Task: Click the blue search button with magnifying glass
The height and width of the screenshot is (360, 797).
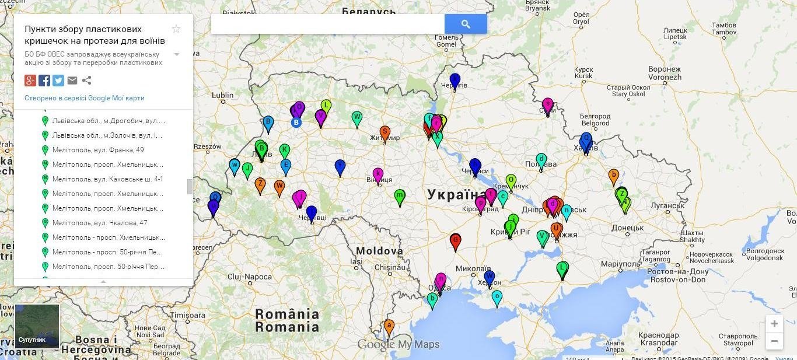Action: click(x=465, y=24)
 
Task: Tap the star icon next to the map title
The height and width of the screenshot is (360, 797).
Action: click(x=176, y=29)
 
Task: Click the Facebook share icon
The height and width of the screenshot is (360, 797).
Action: click(x=44, y=81)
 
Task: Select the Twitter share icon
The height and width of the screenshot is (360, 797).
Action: click(x=58, y=81)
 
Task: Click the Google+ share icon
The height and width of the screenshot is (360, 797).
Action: click(x=30, y=81)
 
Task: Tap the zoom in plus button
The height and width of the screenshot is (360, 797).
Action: click(x=774, y=324)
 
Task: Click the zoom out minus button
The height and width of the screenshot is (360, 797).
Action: click(x=774, y=341)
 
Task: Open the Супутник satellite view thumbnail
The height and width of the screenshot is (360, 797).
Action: click(x=37, y=326)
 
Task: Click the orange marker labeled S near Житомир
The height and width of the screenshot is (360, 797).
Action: click(x=384, y=132)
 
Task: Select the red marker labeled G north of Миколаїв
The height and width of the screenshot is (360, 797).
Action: click(x=456, y=240)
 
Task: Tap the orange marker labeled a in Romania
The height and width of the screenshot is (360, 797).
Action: click(x=389, y=326)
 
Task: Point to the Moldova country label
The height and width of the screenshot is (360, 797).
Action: click(x=379, y=251)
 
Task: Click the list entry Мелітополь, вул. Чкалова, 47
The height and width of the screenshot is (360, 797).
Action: click(x=99, y=223)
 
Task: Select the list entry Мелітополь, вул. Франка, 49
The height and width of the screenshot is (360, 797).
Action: click(x=98, y=150)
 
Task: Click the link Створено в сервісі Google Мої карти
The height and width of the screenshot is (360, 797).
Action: click(x=85, y=98)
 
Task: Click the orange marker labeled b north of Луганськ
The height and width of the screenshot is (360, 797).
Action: click(x=613, y=175)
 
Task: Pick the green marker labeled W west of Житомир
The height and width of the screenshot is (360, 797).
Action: click(x=357, y=118)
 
